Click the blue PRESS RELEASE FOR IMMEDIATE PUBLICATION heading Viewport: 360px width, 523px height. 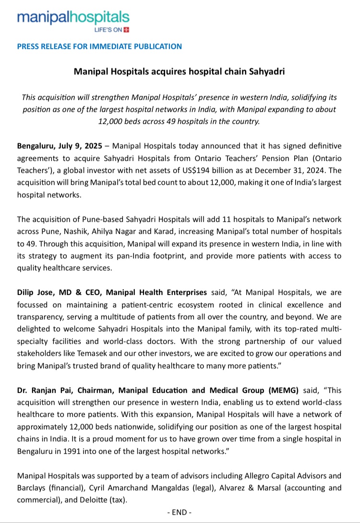(99, 47)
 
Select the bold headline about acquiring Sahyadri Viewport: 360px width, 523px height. (180, 72)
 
